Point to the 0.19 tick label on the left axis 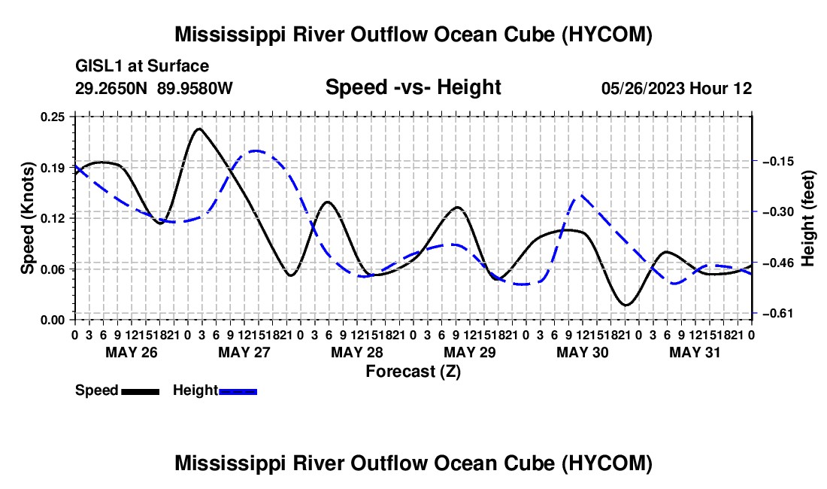53,168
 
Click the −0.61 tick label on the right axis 778,314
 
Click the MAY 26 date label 132,352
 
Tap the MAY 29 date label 469,352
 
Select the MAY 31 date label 695,352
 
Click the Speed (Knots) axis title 27,218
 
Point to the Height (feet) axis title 807,218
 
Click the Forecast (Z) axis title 413,372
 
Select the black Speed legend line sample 141,392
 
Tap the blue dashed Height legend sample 238,392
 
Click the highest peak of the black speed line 198,128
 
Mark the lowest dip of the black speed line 626,305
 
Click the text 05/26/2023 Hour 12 677,88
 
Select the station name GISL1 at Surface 142,66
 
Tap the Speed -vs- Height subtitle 413,87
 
